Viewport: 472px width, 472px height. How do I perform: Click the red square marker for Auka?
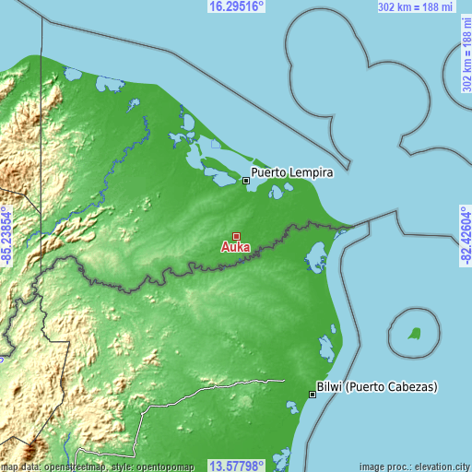click(x=237, y=237)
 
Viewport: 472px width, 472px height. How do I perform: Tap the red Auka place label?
click(x=235, y=248)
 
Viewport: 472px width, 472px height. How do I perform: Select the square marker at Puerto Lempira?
click(x=246, y=181)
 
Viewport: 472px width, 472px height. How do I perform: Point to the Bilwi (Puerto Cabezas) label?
click(x=376, y=386)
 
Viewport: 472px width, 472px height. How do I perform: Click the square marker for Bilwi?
click(x=313, y=395)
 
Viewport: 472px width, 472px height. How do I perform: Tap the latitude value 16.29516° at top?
click(x=237, y=6)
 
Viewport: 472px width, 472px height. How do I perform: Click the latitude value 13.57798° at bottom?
click(x=237, y=466)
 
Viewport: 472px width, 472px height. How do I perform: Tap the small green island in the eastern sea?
click(x=415, y=333)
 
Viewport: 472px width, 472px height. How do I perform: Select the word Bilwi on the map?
click(x=329, y=386)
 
